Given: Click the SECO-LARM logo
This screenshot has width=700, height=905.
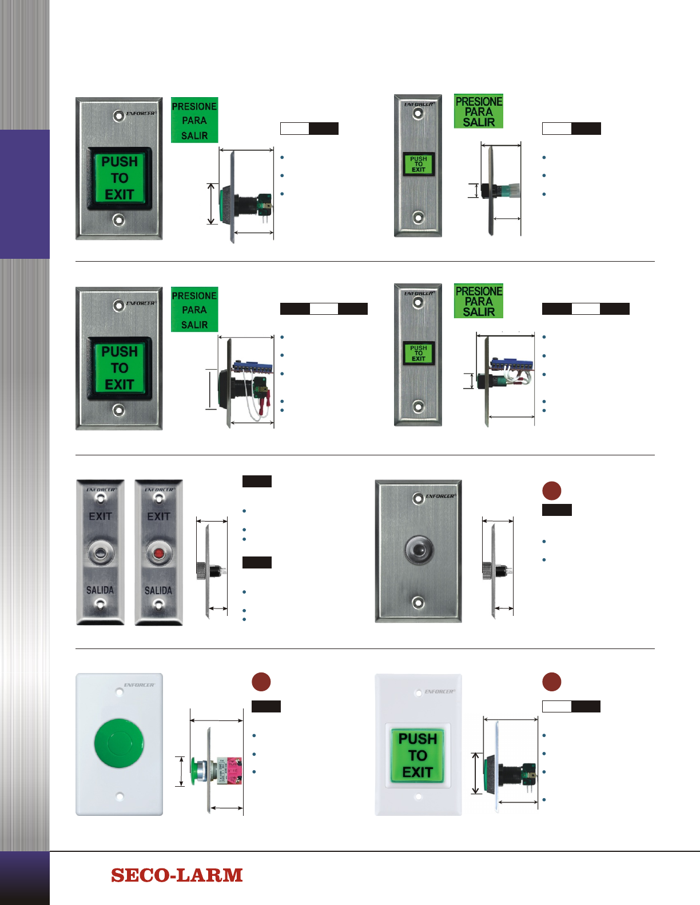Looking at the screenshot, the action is point(177,875).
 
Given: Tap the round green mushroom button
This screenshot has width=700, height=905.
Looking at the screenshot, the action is point(119,743).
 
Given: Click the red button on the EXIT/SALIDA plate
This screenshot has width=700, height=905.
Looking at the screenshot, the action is point(158,553).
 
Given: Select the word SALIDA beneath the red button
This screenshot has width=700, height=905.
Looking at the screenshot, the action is point(158,590).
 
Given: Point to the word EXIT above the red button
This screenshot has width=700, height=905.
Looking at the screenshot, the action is point(158,516).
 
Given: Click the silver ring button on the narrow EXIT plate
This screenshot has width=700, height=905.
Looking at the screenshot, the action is point(100,553).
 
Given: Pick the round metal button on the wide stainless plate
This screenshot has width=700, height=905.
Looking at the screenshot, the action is point(418,550).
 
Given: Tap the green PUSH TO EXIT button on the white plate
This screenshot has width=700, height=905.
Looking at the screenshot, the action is point(417,755).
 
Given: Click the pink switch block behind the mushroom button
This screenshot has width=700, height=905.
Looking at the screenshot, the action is point(233,771).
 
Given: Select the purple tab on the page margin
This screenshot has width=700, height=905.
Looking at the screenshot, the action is point(25,194).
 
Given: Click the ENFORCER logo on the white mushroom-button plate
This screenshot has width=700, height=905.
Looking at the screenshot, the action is point(139,684).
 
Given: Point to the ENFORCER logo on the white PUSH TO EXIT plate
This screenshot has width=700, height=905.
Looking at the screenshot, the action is point(439,691).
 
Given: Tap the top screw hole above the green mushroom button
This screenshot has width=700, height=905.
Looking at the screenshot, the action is point(120,693).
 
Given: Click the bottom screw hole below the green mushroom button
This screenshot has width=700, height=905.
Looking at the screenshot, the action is point(120,796).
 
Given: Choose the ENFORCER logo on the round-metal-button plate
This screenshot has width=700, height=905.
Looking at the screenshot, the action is point(440,496).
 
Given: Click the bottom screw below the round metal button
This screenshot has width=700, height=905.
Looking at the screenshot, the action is point(418,602).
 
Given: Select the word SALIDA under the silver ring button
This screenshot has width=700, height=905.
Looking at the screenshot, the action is point(100,590).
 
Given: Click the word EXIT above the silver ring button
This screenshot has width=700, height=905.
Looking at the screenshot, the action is point(100,516).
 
